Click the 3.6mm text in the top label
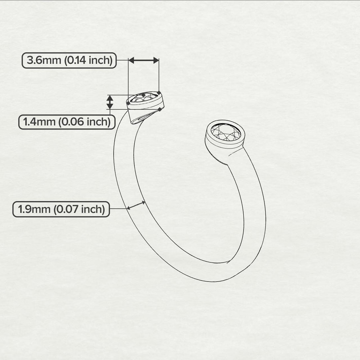44,60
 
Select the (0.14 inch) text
88,60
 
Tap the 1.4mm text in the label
40,122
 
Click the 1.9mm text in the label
34,209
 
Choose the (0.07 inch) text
79,209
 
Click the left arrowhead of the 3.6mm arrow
131,60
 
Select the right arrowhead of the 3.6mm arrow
156,60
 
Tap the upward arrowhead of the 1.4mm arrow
110,98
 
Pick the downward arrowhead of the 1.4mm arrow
110,106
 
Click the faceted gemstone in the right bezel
226,132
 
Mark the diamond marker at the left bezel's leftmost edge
128,103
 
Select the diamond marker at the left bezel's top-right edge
159,92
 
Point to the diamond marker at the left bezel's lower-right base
160,109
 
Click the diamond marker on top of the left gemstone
144,95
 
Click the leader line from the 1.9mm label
119,209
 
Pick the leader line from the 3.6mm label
123,60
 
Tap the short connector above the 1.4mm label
110,112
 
